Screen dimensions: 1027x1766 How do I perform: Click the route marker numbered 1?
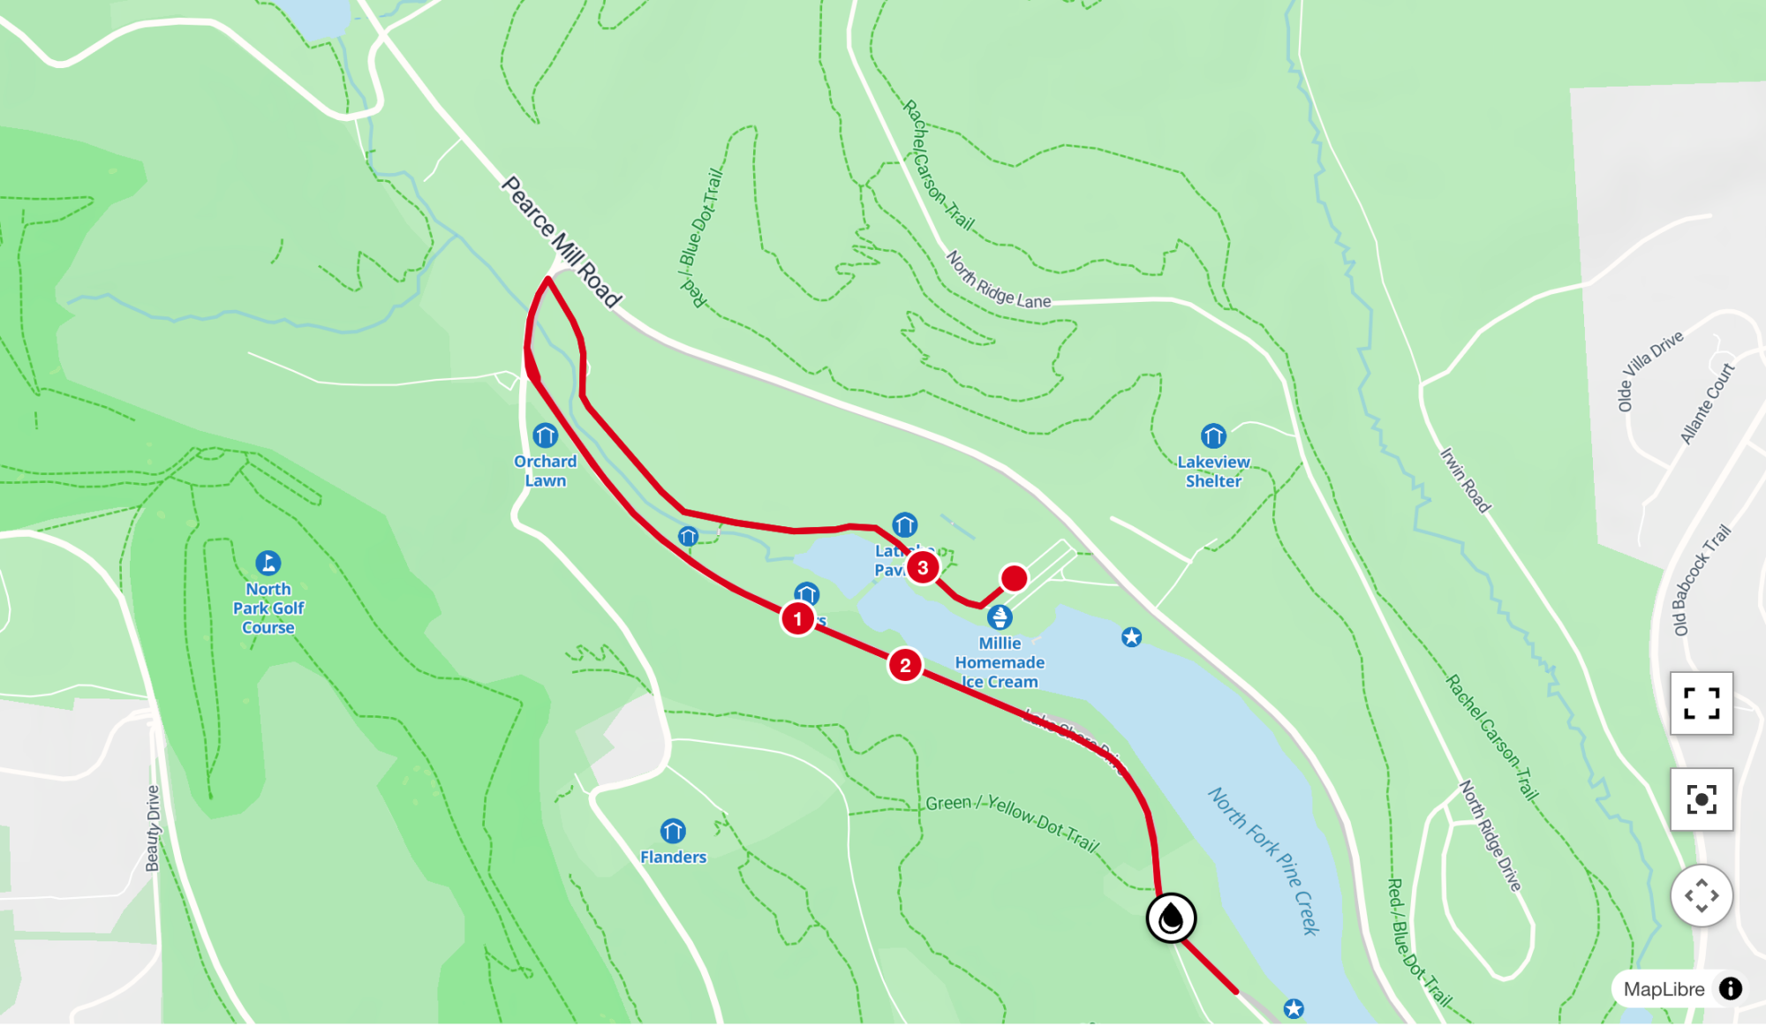click(797, 619)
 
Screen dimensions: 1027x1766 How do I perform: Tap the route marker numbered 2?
click(905, 666)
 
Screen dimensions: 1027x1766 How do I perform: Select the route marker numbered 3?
click(923, 568)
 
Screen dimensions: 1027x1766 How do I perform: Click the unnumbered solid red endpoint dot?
click(1014, 578)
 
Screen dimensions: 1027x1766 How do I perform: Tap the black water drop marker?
click(1171, 918)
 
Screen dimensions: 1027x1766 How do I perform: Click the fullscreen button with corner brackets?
click(1701, 704)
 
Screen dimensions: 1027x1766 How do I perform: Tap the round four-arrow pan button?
click(1701, 895)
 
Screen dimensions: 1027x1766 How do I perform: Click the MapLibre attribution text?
click(1664, 989)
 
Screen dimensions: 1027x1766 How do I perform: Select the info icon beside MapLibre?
click(1731, 989)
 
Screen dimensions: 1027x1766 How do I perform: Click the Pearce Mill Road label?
click(562, 241)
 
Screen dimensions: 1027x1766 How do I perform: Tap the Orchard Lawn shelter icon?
click(545, 435)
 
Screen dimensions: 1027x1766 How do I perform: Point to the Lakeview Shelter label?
click(1213, 472)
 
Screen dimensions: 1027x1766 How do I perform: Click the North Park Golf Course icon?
click(268, 563)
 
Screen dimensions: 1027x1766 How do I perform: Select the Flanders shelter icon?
click(673, 831)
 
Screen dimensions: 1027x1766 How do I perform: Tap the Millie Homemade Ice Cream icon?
click(1000, 617)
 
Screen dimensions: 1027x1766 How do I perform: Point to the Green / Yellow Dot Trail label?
click(1013, 821)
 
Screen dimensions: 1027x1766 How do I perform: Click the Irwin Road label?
click(1465, 480)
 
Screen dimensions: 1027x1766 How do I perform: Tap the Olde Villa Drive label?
click(1649, 370)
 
